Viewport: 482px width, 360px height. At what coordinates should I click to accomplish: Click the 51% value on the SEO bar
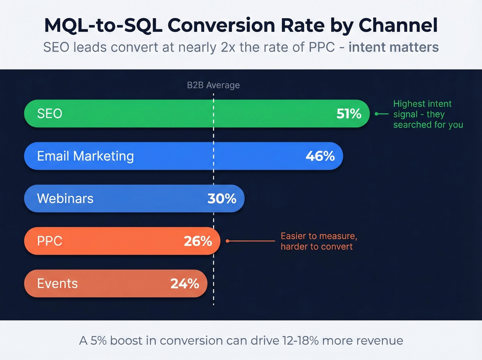click(x=349, y=114)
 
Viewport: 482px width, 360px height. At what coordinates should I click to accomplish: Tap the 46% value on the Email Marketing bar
click(x=320, y=156)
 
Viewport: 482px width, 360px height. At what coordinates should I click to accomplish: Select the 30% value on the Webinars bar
click(x=222, y=198)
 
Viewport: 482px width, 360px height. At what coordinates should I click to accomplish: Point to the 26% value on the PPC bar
click(x=198, y=241)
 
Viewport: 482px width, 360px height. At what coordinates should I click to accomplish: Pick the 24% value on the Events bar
click(x=185, y=284)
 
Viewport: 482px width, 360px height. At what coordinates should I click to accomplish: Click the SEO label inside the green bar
click(x=50, y=114)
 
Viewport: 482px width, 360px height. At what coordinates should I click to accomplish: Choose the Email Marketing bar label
click(x=85, y=156)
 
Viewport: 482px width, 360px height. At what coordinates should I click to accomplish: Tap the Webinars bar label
click(x=65, y=198)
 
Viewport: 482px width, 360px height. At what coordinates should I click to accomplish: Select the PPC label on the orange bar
click(x=50, y=241)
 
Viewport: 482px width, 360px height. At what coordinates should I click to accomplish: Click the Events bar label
click(x=57, y=284)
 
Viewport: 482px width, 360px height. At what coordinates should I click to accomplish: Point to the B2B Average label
click(x=213, y=85)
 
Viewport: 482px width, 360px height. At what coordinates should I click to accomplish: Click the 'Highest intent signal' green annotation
click(x=428, y=114)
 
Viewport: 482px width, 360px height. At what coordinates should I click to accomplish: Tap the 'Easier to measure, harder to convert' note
click(x=318, y=241)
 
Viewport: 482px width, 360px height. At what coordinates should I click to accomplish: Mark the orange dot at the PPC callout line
click(x=227, y=241)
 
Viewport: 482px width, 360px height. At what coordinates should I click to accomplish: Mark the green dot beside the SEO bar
click(x=377, y=114)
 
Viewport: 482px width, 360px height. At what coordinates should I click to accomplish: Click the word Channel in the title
click(x=398, y=25)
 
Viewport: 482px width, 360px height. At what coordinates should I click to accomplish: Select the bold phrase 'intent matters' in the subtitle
click(x=393, y=47)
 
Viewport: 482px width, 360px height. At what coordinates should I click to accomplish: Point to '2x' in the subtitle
click(x=228, y=47)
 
